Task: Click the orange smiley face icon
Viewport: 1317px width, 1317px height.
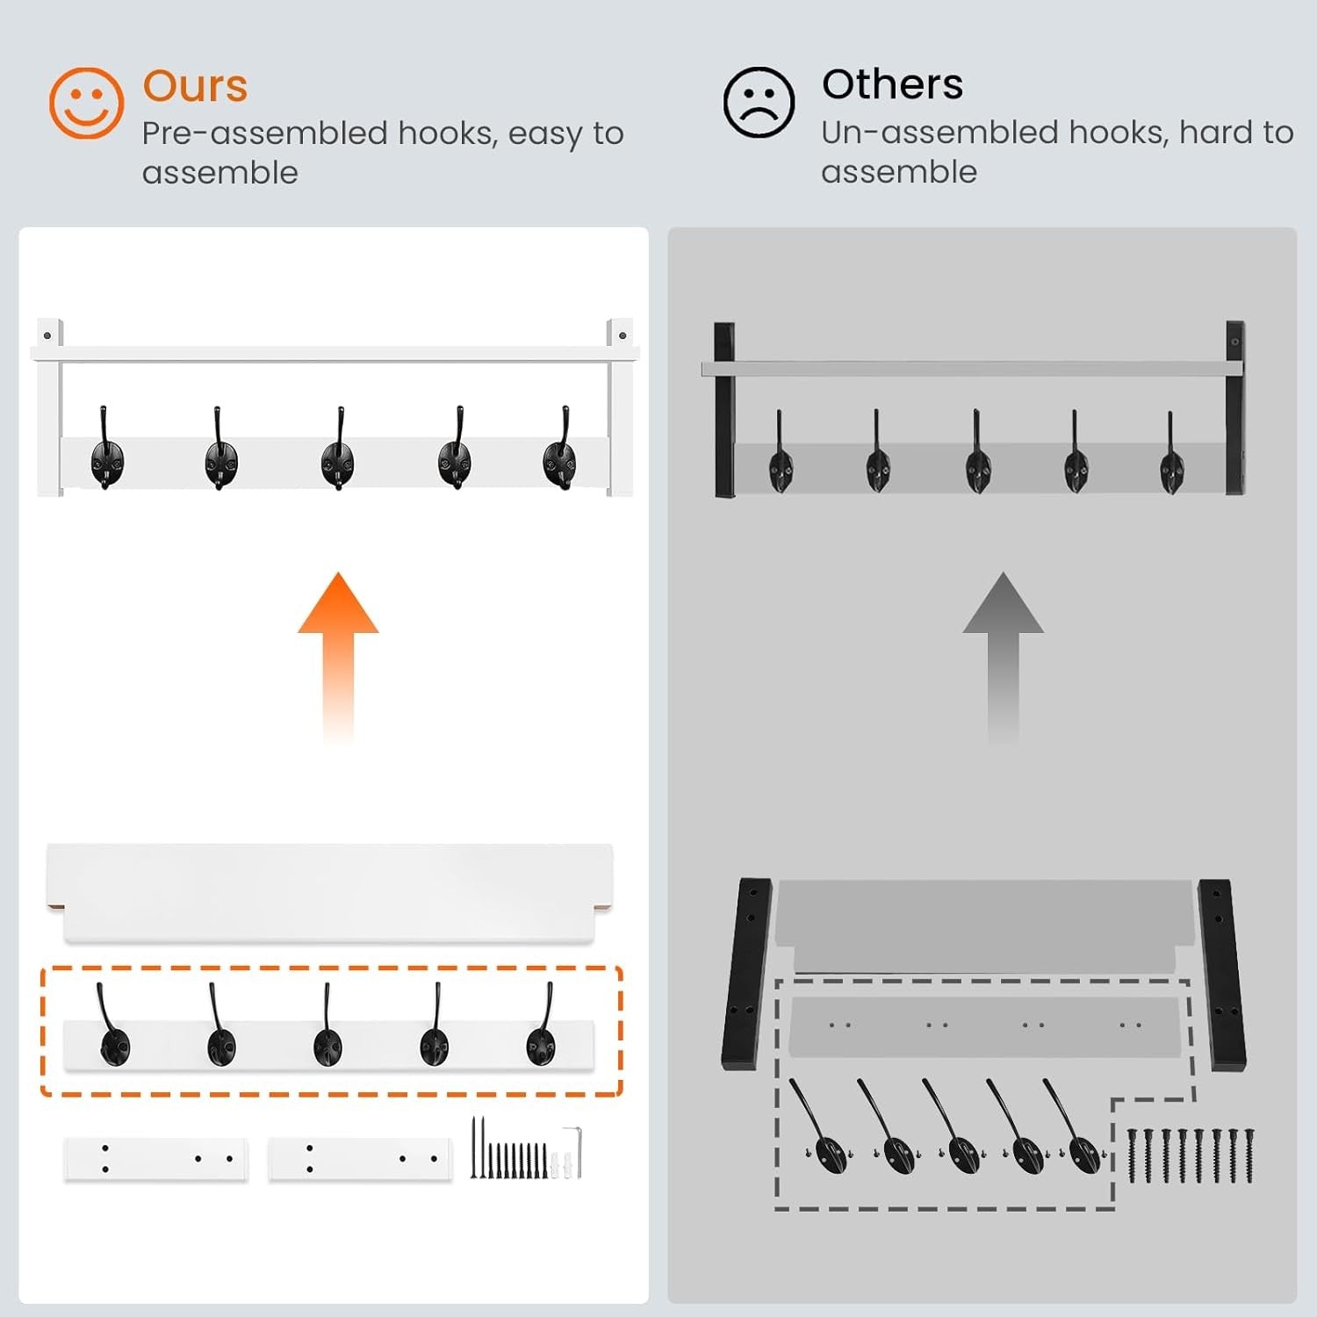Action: [86, 103]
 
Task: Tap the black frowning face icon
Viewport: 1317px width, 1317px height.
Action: [759, 102]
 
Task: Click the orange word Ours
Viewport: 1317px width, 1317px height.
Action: [195, 86]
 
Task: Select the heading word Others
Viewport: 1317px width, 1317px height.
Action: [892, 84]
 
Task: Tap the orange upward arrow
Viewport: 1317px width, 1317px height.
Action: [338, 658]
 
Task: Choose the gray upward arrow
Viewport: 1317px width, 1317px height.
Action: [1004, 658]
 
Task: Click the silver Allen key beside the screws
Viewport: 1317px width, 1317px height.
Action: [573, 1151]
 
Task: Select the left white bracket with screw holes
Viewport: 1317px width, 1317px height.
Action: [155, 1159]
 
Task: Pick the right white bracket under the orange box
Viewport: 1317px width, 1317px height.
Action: [360, 1159]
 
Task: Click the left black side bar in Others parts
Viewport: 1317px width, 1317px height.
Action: [748, 973]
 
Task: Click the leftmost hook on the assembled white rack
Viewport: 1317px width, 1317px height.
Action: [106, 450]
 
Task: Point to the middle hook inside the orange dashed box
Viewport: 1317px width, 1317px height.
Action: [327, 1027]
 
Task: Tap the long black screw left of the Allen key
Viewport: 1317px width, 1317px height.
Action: [473, 1147]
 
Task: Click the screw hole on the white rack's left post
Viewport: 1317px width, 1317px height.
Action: [47, 335]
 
